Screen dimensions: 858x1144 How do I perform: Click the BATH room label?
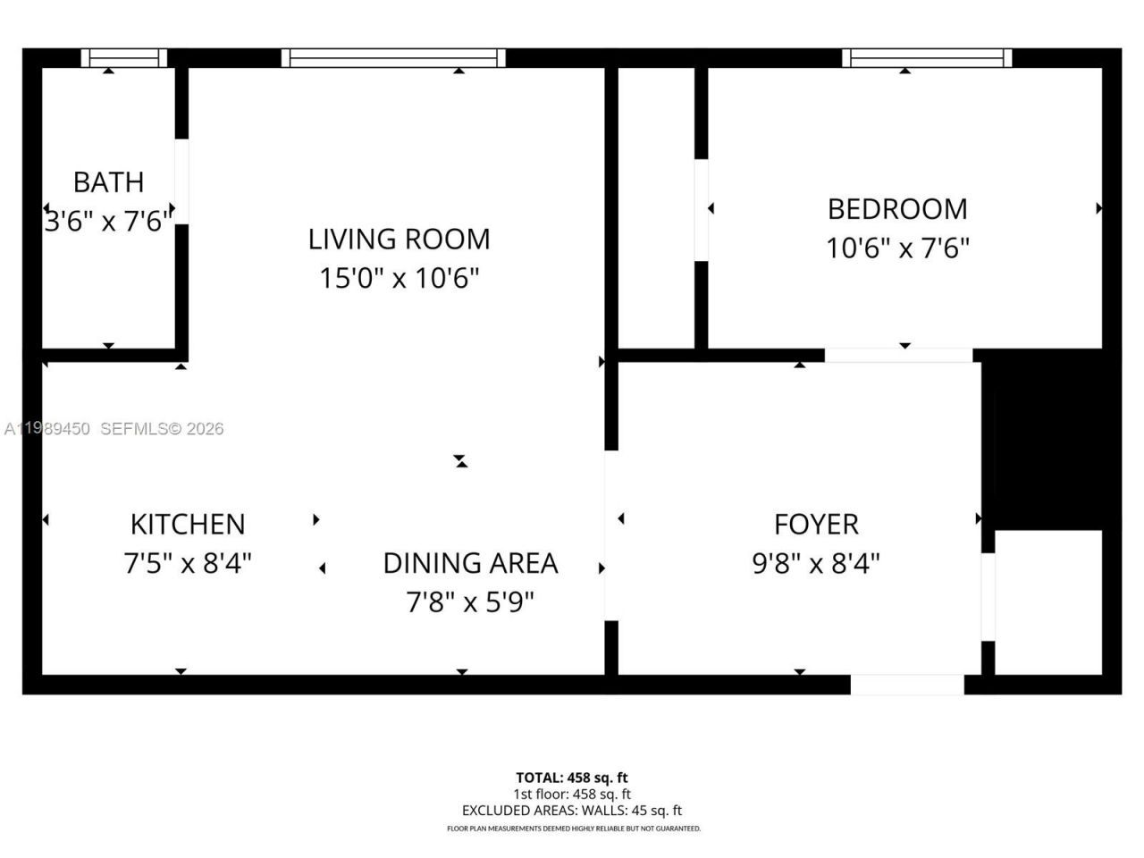108,182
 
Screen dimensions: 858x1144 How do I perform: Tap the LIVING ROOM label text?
399,240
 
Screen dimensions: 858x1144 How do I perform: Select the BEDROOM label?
897,209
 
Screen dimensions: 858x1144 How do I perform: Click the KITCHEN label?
188,524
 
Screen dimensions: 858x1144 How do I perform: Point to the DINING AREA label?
470,563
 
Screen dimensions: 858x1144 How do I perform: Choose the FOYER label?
816,524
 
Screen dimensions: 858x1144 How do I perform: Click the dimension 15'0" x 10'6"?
399,279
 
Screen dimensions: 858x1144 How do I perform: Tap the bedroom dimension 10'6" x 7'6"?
897,248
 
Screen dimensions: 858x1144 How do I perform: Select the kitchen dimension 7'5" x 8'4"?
188,564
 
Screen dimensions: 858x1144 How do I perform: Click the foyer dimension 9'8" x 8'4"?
816,564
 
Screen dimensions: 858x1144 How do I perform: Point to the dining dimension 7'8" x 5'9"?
470,602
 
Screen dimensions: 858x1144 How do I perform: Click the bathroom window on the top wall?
124,58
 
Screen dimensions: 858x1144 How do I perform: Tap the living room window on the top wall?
393,58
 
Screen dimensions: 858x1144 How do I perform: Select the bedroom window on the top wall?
927,58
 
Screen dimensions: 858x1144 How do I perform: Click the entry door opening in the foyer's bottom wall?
906,685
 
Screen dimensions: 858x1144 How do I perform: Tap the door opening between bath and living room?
181,181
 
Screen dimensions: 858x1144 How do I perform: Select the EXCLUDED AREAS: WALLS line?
572,811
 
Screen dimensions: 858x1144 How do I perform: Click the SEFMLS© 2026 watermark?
162,429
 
